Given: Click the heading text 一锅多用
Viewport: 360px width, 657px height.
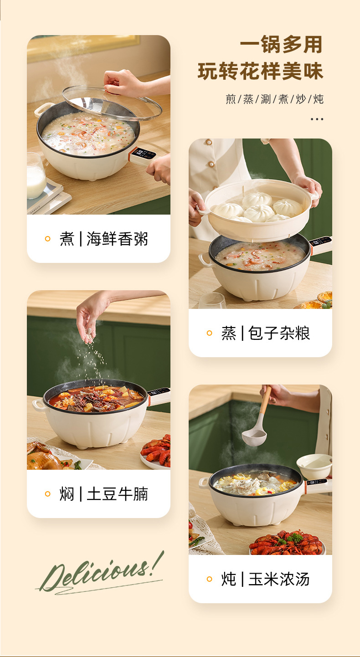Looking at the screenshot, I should coord(281,45).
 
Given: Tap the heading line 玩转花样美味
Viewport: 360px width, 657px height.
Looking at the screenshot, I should coord(260,72).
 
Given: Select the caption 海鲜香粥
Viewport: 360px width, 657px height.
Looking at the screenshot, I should coord(117,239).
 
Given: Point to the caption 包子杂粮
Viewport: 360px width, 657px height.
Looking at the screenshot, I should coord(279,333).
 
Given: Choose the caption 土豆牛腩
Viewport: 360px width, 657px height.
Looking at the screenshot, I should coord(117,494).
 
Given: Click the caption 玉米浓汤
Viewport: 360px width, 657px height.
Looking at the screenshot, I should coord(279,579).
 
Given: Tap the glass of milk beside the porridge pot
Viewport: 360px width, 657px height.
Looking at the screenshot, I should coord(36,176).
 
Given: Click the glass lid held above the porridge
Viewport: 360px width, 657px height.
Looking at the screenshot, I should coord(112,103).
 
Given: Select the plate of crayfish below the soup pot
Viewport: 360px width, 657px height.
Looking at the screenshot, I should coord(286,543).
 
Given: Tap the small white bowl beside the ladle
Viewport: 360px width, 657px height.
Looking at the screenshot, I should coord(314,467).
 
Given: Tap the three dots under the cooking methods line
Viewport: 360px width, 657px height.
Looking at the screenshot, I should coord(317,119).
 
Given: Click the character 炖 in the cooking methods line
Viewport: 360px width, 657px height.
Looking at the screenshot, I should coord(318,99).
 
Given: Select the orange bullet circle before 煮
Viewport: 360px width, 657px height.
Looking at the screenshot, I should coord(47,239).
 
